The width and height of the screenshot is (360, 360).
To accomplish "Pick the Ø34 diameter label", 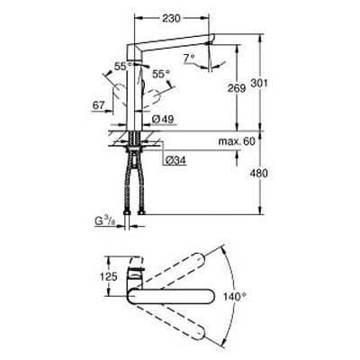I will [x=176, y=159].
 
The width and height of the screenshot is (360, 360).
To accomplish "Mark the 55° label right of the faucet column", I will [x=159, y=76].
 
